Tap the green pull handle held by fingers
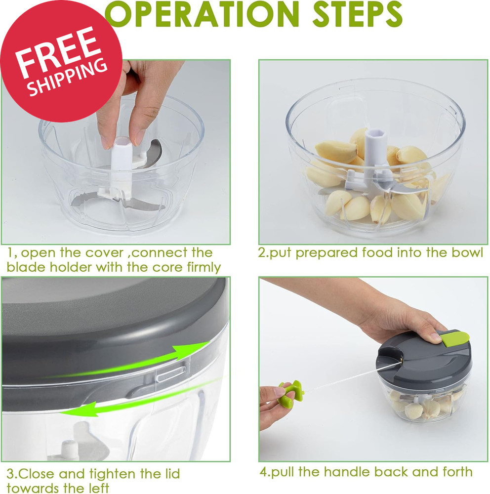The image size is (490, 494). pyautogui.click(x=288, y=394)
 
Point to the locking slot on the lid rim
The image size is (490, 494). pyautogui.click(x=170, y=373)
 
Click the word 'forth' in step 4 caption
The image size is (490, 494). pyautogui.click(x=455, y=471)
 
